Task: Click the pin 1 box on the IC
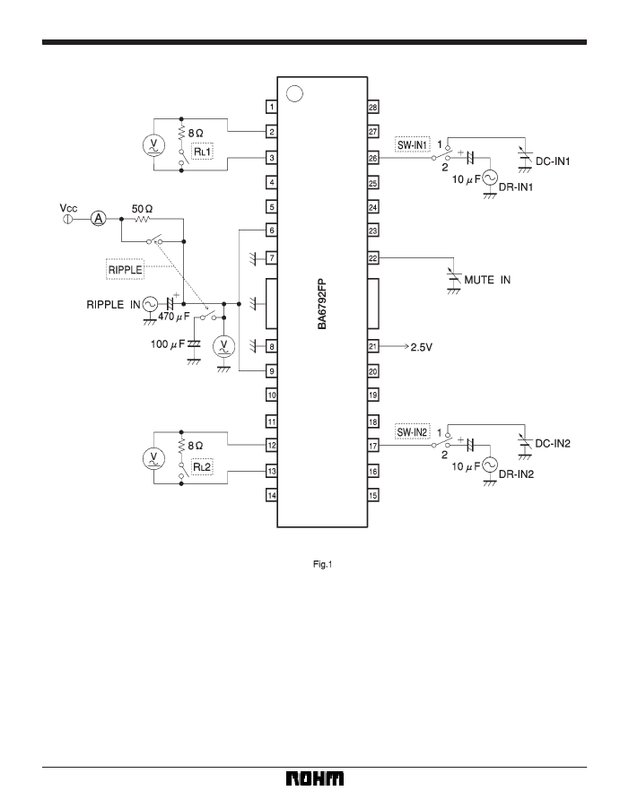pyautogui.click(x=272, y=108)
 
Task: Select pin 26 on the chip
pyautogui.click(x=372, y=158)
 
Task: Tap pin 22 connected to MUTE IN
pyautogui.click(x=372, y=257)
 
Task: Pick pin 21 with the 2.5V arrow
pyautogui.click(x=372, y=346)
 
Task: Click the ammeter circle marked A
pyautogui.click(x=98, y=219)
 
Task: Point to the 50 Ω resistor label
pyautogui.click(x=142, y=209)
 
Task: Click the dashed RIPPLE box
pyautogui.click(x=125, y=269)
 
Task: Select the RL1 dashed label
pyautogui.click(x=202, y=152)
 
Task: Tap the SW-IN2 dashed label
pyautogui.click(x=413, y=432)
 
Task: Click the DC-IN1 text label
pyautogui.click(x=553, y=161)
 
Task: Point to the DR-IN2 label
pyautogui.click(x=516, y=474)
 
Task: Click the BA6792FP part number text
pyautogui.click(x=322, y=304)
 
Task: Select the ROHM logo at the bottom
pyautogui.click(x=315, y=778)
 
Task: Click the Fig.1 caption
pyautogui.click(x=322, y=565)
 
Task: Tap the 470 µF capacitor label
pyautogui.click(x=174, y=317)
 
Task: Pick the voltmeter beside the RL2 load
pyautogui.click(x=153, y=458)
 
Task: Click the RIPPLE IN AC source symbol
pyautogui.click(x=150, y=305)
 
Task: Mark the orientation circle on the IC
pyautogui.click(x=294, y=93)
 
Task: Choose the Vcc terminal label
pyautogui.click(x=68, y=208)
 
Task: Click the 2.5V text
pyautogui.click(x=421, y=347)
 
